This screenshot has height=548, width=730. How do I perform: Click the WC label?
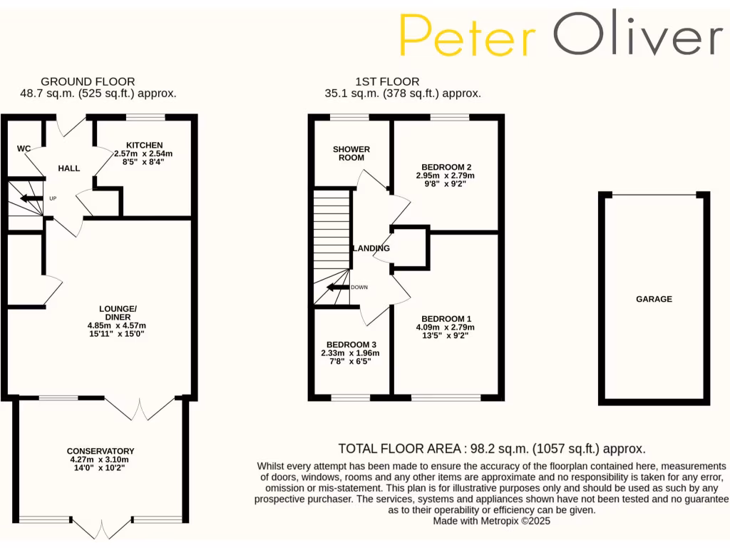coord(24,148)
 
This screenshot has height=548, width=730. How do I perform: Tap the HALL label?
coord(69,168)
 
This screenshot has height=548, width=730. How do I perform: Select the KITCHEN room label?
coord(145,145)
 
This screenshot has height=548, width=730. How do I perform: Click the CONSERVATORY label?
coord(101,451)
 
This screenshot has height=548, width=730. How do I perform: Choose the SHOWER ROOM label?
coord(351,153)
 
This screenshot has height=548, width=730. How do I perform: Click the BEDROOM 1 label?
coord(446,318)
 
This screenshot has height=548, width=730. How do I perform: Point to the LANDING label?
coord(372,248)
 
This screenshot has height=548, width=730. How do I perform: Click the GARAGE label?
coord(654,299)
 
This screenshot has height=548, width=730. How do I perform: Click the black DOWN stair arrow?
coord(338,288)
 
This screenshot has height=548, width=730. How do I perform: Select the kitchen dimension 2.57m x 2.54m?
coord(143,153)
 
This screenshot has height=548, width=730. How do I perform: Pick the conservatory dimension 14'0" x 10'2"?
coord(101,469)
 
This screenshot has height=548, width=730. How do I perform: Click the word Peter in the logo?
coord(468,35)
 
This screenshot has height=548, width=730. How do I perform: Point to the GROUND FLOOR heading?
coord(88,81)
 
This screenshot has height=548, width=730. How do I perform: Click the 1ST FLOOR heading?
coord(387,81)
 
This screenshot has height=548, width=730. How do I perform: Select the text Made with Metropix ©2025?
coord(492,522)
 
